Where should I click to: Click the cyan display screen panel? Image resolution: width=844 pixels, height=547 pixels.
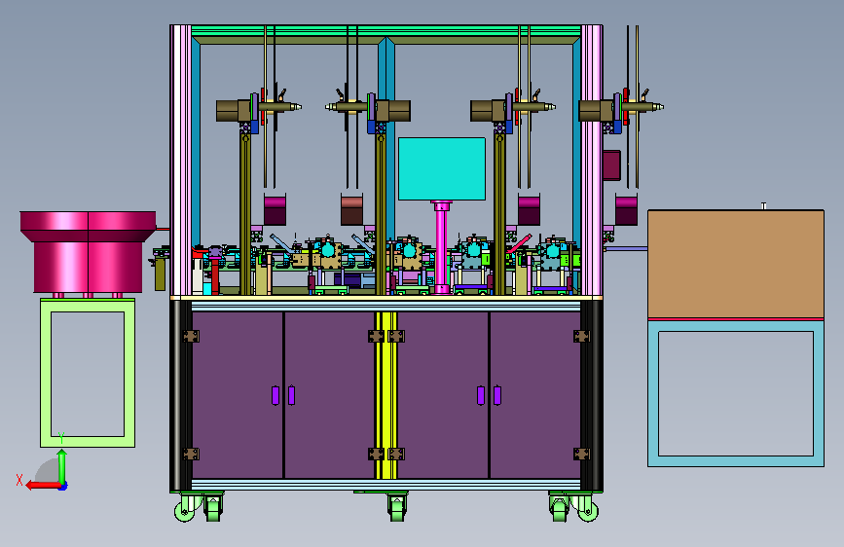441,168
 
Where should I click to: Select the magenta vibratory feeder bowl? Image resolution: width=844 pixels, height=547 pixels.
88,251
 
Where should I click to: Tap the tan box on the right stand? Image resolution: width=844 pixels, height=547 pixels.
735,264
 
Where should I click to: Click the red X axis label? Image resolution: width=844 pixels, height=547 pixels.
19,480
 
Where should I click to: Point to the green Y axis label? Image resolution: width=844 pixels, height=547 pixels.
61,438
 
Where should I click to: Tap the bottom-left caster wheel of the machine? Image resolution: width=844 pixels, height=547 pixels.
185,511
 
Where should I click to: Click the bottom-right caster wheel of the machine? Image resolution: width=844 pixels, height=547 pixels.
587,511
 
